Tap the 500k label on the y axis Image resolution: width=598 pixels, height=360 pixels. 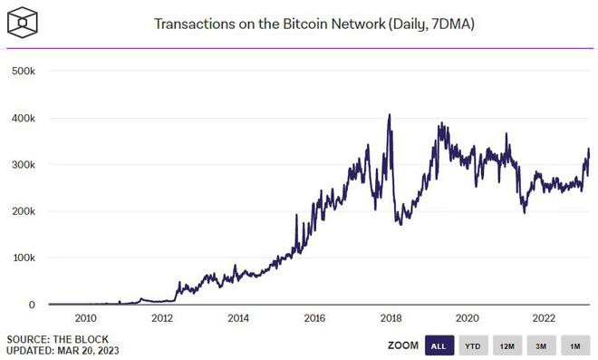(x=22, y=71)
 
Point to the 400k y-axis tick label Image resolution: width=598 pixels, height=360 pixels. (x=22, y=118)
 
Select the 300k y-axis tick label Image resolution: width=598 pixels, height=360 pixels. (x=22, y=165)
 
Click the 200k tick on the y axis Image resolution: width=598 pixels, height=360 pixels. (x=22, y=211)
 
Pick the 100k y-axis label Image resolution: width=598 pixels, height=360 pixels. (x=22, y=258)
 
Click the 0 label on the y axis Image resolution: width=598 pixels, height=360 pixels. (x=31, y=306)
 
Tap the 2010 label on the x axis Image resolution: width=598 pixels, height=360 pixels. (x=85, y=318)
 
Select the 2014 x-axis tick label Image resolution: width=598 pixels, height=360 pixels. (x=238, y=318)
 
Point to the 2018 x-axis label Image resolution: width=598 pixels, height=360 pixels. (x=391, y=318)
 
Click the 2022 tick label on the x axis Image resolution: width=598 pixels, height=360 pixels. (x=544, y=318)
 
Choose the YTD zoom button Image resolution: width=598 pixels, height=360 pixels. (x=472, y=345)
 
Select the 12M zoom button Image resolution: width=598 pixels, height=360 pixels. (x=507, y=345)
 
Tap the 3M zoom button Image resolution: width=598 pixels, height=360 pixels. (x=541, y=345)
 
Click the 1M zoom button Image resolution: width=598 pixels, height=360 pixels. (x=574, y=345)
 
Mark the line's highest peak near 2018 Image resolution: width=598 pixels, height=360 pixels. (x=390, y=115)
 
